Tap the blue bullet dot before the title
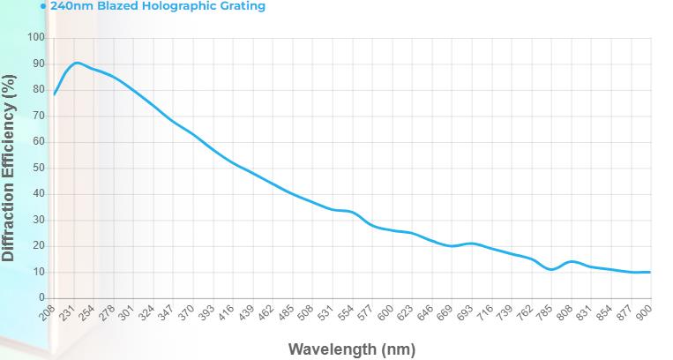[x=42, y=5]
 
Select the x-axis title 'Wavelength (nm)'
[x=351, y=349]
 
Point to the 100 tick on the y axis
[x=35, y=37]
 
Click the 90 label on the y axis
[x=38, y=64]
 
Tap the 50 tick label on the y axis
[x=38, y=168]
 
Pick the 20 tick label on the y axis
[x=38, y=245]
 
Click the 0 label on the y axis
[x=41, y=297]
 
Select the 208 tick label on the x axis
[x=48, y=311]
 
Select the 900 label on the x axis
[x=645, y=311]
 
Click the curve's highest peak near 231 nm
[x=78, y=63]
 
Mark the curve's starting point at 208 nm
[x=55, y=94]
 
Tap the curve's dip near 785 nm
[x=551, y=269]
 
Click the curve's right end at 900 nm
[x=650, y=272]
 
